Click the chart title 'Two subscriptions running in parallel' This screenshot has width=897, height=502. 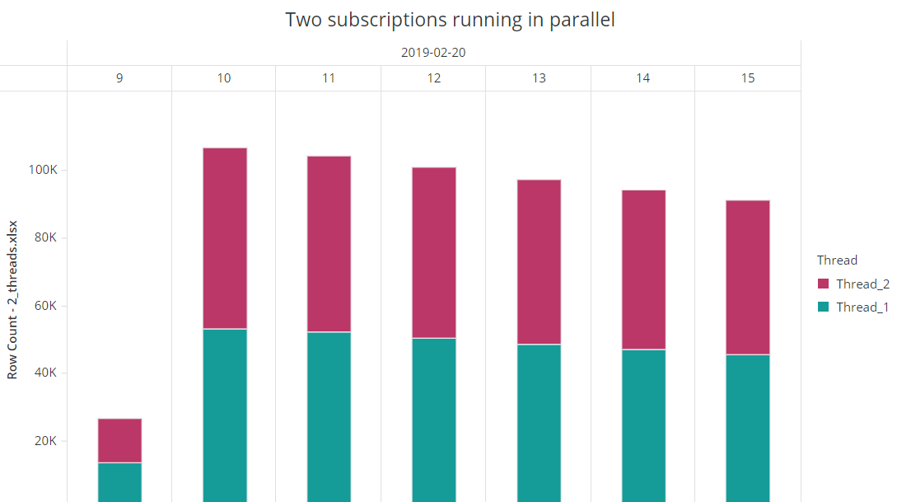click(x=450, y=20)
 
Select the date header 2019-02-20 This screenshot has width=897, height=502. click(x=433, y=53)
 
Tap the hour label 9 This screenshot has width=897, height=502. click(x=119, y=78)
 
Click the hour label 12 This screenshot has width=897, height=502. click(x=433, y=78)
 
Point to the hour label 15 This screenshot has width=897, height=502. click(x=747, y=78)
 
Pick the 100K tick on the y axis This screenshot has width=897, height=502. click(x=42, y=171)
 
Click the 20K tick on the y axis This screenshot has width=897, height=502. click(x=45, y=440)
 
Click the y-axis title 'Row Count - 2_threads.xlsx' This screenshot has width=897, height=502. click(x=12, y=299)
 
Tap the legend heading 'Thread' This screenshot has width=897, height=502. click(x=837, y=260)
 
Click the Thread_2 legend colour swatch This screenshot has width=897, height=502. click(x=823, y=284)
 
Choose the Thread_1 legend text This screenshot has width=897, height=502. click(x=862, y=307)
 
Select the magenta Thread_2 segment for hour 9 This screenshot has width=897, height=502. click(x=119, y=440)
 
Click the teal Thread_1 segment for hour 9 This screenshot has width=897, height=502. click(x=119, y=482)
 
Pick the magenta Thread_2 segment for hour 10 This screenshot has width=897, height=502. click(x=224, y=238)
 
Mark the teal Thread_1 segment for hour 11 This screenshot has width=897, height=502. click(x=329, y=416)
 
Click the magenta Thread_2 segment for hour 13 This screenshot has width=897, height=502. click(x=539, y=261)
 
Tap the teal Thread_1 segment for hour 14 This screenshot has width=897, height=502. click(x=643, y=425)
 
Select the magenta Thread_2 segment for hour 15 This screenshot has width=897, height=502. click(x=747, y=277)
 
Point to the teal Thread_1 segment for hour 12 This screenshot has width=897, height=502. click(x=433, y=420)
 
